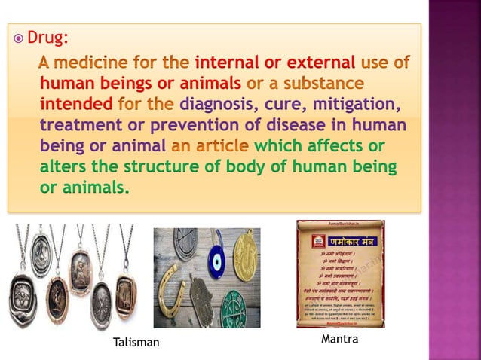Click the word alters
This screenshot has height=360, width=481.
point(60,165)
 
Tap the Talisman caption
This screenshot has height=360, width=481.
point(136,343)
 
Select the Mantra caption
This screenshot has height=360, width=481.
point(339,340)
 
